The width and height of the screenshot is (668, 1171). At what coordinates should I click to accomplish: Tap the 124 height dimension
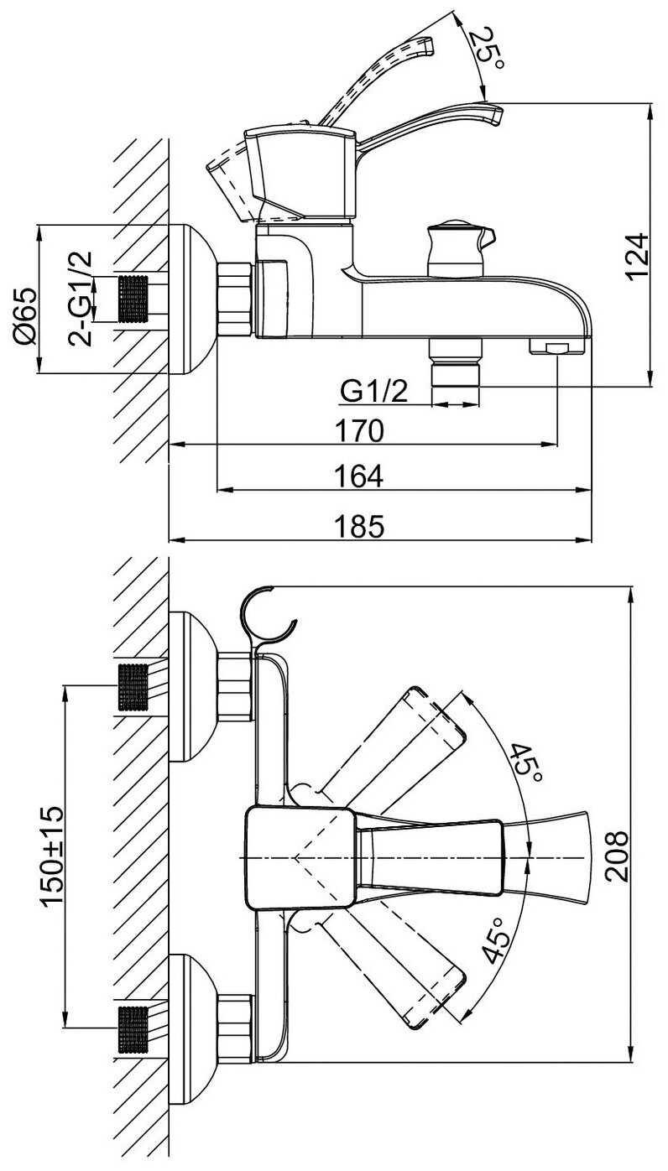coord(637,258)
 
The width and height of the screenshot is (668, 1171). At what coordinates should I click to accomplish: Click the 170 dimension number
coord(359,431)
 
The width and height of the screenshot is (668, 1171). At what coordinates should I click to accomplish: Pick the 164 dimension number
coord(359,476)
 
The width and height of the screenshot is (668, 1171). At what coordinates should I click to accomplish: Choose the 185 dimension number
coord(359,526)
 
